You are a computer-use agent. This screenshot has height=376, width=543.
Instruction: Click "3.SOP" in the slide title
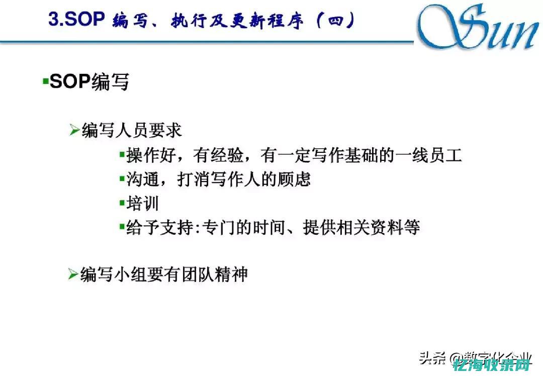point(76,20)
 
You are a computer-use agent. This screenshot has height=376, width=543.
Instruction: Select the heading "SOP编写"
point(89,81)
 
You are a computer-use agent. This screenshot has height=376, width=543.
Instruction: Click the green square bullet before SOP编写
point(45,81)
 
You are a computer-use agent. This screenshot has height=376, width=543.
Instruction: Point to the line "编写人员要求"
point(131,130)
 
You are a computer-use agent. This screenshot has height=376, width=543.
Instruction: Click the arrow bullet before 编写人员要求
point(74,131)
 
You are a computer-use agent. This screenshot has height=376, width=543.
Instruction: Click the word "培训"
point(143,204)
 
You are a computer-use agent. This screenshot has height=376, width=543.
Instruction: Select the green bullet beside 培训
point(122,203)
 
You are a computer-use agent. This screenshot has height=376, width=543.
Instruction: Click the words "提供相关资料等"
point(361,228)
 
